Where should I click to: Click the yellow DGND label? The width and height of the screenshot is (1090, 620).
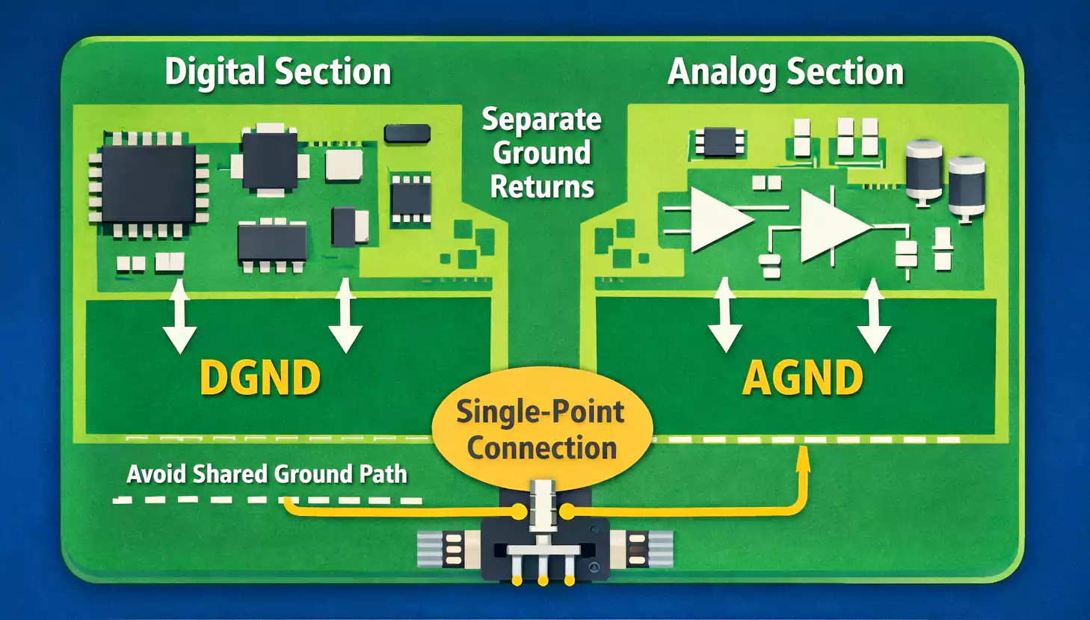[x=260, y=378]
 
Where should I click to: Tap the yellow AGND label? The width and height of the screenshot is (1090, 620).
[x=802, y=378]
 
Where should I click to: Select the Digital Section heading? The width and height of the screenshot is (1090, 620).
[x=277, y=73]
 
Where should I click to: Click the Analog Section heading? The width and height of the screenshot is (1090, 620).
[x=785, y=73]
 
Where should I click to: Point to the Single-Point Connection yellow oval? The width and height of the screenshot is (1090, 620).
[x=542, y=428]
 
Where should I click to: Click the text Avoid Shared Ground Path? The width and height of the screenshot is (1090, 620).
[x=267, y=474]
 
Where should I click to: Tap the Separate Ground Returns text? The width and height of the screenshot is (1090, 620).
[x=541, y=153]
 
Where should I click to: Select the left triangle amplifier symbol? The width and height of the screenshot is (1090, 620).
[x=718, y=219]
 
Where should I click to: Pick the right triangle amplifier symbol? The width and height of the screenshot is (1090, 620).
[x=832, y=226]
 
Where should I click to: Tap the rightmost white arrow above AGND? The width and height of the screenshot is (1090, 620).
[x=873, y=316]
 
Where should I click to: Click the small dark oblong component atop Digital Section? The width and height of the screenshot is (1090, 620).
[x=407, y=134]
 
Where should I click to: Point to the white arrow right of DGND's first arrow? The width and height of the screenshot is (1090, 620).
[x=345, y=316]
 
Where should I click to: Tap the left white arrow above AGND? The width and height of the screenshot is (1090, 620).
[x=724, y=316]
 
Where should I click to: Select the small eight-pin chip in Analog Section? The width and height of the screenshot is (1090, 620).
[x=719, y=142]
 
